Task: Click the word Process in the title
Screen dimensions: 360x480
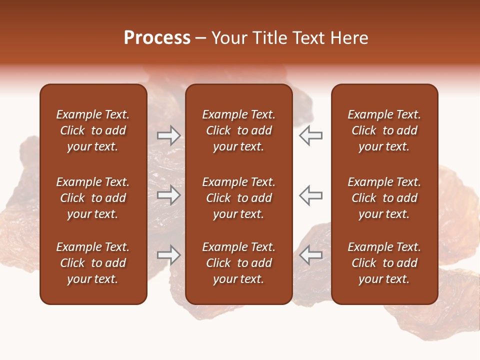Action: coord(157,38)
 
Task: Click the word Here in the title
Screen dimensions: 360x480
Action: coord(350,38)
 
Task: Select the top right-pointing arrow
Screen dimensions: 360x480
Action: coord(169,135)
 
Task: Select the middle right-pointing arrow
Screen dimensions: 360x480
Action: coord(169,195)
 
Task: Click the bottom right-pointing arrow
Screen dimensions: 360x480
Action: coord(169,255)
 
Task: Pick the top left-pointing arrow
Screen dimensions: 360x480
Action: coord(310,135)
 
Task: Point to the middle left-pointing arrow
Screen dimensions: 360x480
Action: coord(310,195)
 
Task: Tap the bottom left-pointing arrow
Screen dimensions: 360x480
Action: coord(310,255)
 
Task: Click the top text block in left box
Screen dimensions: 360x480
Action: coord(93,130)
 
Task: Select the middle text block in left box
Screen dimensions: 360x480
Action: coord(93,198)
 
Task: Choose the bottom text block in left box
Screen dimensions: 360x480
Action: coord(93,263)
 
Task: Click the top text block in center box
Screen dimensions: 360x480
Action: coord(238,130)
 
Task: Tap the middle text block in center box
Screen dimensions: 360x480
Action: coord(238,198)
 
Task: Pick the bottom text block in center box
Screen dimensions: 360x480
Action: coord(238,263)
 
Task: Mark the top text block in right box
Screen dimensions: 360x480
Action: coord(384,130)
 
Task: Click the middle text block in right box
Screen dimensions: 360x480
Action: coord(384,198)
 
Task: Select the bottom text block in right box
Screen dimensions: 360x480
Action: coord(384,263)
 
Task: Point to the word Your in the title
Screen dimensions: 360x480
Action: coord(228,38)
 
